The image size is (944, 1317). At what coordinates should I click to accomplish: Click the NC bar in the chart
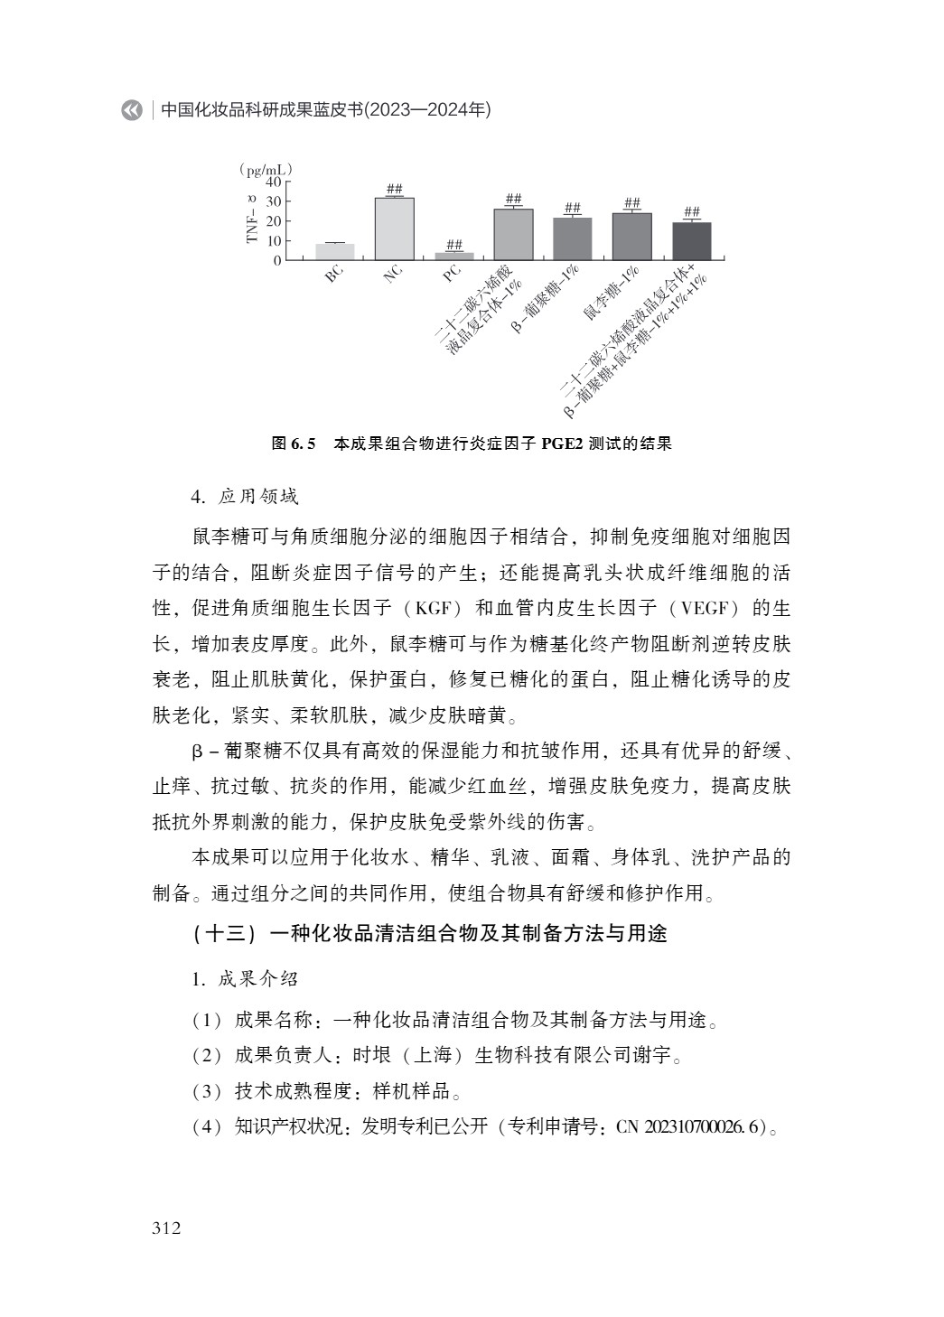click(x=395, y=229)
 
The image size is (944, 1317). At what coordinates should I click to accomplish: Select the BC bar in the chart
click(x=335, y=252)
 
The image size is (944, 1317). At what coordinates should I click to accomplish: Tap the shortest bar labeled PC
click(x=454, y=257)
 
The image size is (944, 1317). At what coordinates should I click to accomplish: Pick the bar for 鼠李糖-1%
click(x=631, y=237)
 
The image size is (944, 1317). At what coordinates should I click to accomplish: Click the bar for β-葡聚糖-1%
click(x=573, y=239)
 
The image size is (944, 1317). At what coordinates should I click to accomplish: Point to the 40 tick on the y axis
click(x=273, y=182)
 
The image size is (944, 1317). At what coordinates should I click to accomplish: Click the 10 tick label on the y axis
click(x=273, y=241)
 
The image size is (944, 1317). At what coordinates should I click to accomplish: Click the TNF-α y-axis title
click(x=252, y=219)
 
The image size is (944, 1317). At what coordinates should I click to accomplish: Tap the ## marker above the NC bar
click(x=395, y=189)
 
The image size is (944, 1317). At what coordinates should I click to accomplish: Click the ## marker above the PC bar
click(x=454, y=245)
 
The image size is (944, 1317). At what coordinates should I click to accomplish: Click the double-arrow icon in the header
click(x=132, y=110)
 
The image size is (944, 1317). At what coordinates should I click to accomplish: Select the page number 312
click(x=166, y=1228)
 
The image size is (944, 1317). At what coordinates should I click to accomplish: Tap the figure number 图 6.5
click(x=293, y=444)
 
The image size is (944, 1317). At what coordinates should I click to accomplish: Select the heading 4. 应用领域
click(x=244, y=497)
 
